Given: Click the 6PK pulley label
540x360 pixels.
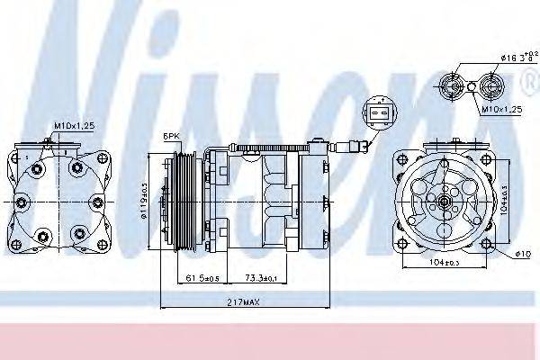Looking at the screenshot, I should tap(171, 136).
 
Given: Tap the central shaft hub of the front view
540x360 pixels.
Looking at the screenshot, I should tap(442, 204).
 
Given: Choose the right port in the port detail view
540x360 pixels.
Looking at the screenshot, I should tap(490, 86).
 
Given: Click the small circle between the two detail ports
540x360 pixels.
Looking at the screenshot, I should tap(472, 86).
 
